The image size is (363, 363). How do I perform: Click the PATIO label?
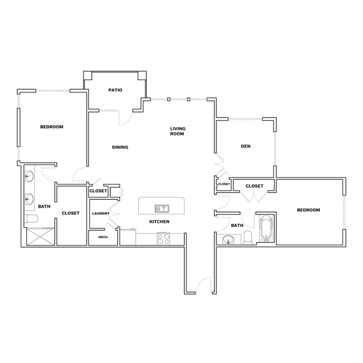point(115,90)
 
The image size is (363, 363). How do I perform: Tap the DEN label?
point(246,146)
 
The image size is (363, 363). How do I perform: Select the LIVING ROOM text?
point(177,131)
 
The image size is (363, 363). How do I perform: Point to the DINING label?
point(120,147)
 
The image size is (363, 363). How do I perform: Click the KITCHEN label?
point(159,221)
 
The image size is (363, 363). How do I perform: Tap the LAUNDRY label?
point(101,213)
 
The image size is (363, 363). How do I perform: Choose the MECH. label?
point(103,237)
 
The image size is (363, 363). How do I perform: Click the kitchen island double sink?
point(162,209)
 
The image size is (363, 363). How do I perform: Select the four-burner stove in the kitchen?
point(163,239)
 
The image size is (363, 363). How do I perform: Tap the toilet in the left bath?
point(31,219)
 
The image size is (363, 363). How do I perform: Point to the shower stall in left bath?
point(41,237)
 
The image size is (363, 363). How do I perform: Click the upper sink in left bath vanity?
point(29,177)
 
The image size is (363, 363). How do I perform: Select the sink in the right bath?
point(229,239)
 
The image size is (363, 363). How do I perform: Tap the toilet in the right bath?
point(248,238)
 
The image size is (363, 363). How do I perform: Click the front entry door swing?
point(203,285)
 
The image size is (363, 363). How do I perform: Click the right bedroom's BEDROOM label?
point(309,210)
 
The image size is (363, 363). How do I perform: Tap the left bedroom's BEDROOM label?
point(52,127)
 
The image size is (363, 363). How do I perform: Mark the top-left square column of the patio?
point(88,75)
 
